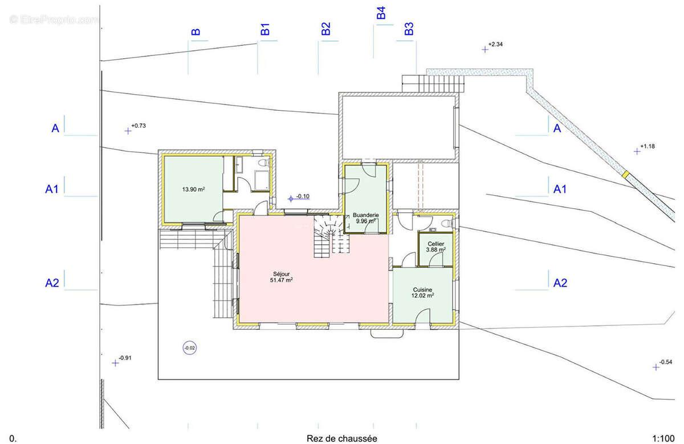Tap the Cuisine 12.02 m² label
pos(422,293)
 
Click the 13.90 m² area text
pos(193,189)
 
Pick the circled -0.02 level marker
pos(190,348)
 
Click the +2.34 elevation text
pos(495,45)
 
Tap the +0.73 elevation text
pos(139,126)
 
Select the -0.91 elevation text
pos(125,358)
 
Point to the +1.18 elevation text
pos(648,146)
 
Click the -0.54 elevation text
pos(666,362)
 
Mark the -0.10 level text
pos(303,196)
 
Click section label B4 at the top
pos(381,13)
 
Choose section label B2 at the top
pos(326,29)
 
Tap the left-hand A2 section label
pos(52,283)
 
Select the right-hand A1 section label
pos(560,189)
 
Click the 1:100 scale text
pos(663,439)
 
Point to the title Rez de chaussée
pos(341,438)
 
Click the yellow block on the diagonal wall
pos(626,174)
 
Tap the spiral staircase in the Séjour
pos(331,236)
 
